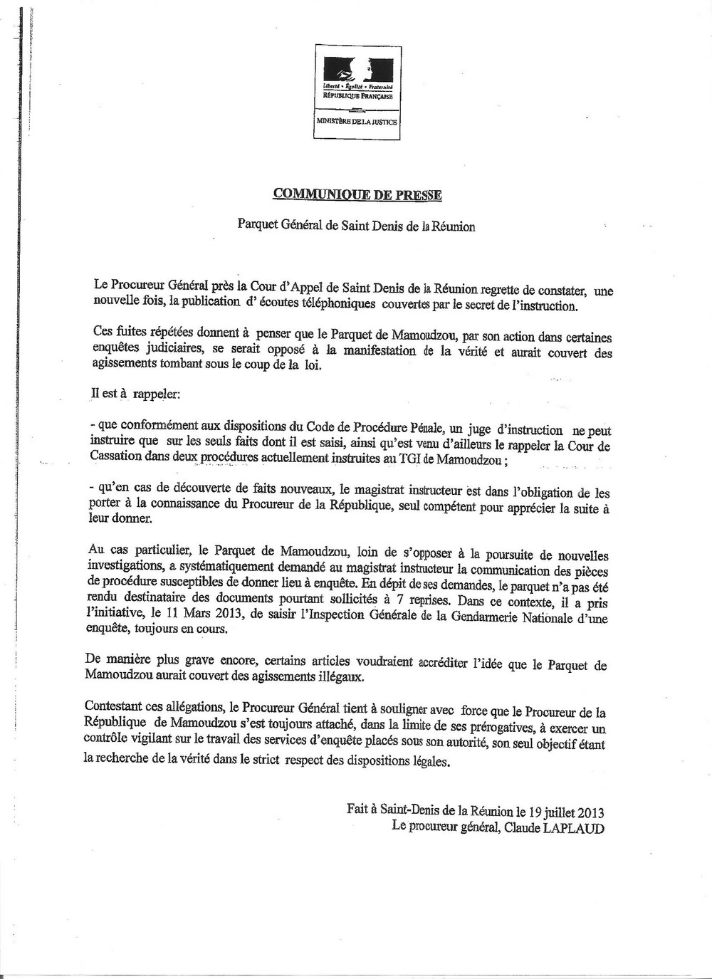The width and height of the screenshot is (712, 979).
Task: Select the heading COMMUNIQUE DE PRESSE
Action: [x=357, y=194]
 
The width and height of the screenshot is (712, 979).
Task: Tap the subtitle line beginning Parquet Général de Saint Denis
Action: [x=356, y=226]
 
